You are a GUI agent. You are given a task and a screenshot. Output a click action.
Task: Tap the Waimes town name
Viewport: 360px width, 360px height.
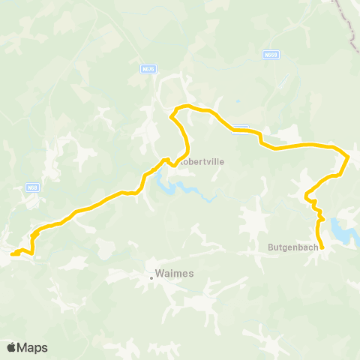[174, 274]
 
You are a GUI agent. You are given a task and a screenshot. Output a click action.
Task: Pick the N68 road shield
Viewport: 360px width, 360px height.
[31, 187]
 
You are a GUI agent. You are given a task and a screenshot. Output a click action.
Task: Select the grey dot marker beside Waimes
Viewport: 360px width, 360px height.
[151, 277]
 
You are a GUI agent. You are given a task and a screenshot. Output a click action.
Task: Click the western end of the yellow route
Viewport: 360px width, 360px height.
[12, 254]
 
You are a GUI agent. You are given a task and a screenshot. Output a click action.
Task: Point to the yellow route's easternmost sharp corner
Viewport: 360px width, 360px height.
[349, 156]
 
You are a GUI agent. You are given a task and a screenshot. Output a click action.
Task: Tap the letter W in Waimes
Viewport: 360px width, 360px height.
[160, 274]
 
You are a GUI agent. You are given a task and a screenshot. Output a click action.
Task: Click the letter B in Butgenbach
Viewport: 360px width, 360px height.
[271, 245]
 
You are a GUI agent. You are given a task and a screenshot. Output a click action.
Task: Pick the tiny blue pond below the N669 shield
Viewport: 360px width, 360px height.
[237, 101]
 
